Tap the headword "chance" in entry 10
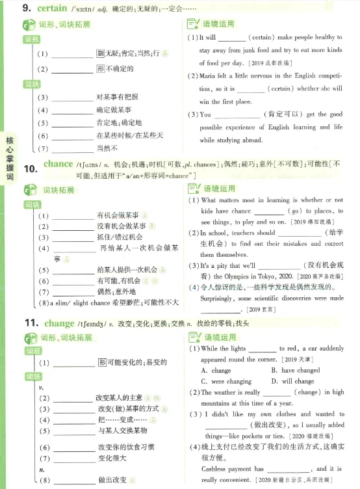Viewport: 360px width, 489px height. pos(58,163)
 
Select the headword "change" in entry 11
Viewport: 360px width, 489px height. pos(59,323)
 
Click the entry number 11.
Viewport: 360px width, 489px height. pos(32,323)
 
